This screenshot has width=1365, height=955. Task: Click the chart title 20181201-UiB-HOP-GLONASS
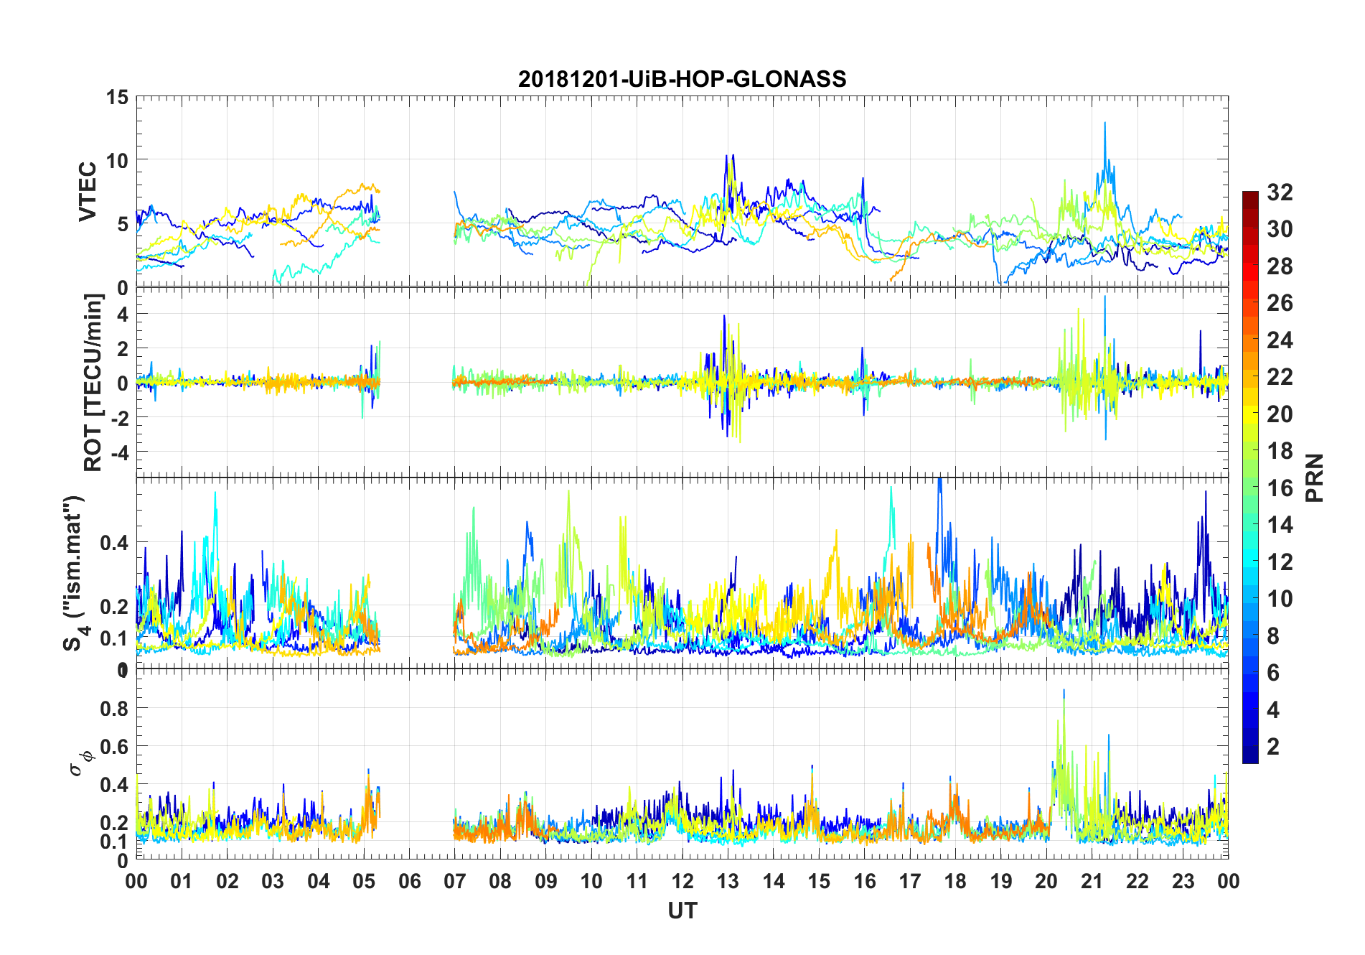click(682, 78)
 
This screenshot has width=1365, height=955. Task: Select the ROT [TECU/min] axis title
click(93, 382)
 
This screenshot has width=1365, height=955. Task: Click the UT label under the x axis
click(682, 910)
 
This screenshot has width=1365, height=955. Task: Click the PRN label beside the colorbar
click(1315, 478)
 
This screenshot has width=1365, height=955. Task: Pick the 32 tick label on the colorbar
click(1280, 192)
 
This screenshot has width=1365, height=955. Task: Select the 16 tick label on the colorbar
click(1280, 488)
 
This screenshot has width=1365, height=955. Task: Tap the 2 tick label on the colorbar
click(1273, 746)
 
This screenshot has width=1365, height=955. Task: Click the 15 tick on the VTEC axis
click(118, 97)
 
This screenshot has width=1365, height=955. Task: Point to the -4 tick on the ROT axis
click(118, 452)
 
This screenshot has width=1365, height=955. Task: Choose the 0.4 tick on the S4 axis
click(113, 542)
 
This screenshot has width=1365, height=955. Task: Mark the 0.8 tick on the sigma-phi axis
click(113, 708)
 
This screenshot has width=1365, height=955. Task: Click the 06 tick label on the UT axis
click(409, 881)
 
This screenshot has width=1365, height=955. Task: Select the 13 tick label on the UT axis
click(728, 881)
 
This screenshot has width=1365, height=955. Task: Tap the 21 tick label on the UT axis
click(1092, 881)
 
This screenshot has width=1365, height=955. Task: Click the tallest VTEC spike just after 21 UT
click(1104, 124)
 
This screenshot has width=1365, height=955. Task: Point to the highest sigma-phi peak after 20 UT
click(1064, 691)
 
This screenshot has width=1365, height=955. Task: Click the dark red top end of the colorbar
click(1250, 195)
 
